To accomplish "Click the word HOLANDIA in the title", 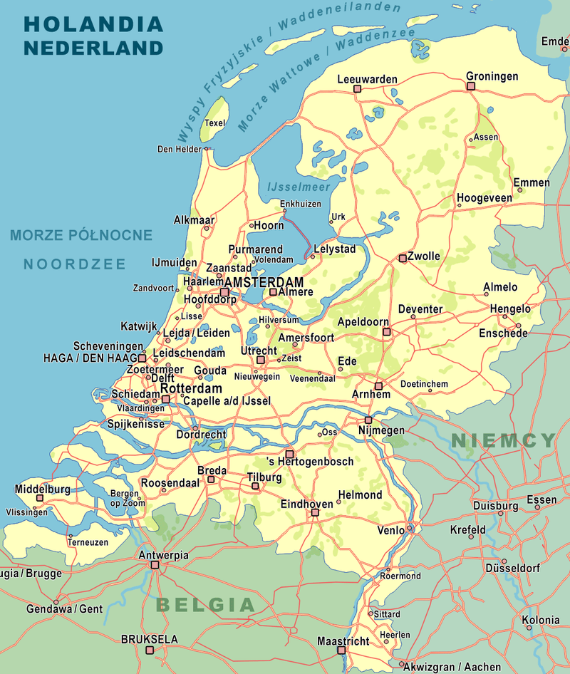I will (x=93, y=24).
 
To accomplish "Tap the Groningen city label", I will (x=492, y=76).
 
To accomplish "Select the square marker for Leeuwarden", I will (x=358, y=89).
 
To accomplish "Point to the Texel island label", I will (x=214, y=123).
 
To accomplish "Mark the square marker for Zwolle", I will (x=403, y=257).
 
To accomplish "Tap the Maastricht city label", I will (x=343, y=641).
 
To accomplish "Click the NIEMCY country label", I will (x=503, y=440).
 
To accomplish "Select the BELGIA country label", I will (x=205, y=605).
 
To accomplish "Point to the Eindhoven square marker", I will (x=314, y=512).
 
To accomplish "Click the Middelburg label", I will (x=43, y=489).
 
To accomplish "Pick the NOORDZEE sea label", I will (x=74, y=264).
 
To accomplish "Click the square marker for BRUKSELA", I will (x=150, y=650).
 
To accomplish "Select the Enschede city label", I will (x=503, y=333).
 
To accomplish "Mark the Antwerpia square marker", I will (x=155, y=565).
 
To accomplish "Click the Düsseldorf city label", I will (x=512, y=568).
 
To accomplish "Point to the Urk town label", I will (x=338, y=217).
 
